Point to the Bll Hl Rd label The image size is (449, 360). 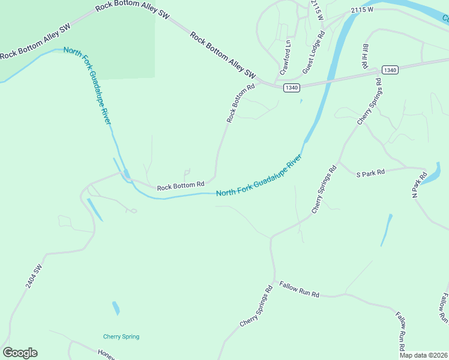pos(364,55)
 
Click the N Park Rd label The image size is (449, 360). pos(418,185)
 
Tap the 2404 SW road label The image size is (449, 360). pos(34,275)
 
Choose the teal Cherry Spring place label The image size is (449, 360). pos(121,337)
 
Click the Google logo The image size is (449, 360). pos(20,353)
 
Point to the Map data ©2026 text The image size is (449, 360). pos(423,355)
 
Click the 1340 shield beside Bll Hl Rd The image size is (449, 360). pos(390,70)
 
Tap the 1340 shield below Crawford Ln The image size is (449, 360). pos(292,88)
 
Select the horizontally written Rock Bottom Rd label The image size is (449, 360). pos(181,187)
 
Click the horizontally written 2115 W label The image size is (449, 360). pos(363,10)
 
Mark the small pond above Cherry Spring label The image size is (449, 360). pos(116,308)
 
